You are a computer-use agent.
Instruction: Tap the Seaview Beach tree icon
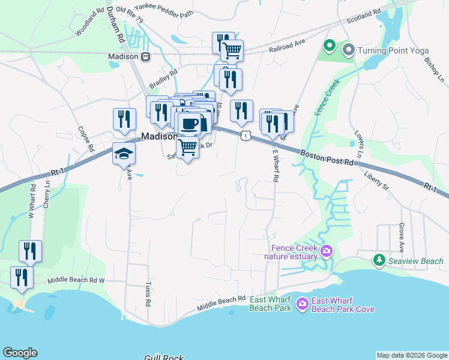[x=379, y=260]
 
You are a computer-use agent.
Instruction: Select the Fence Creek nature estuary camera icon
[x=327, y=251]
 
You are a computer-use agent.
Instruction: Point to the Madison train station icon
[x=145, y=56]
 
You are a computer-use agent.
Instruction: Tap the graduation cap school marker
[x=124, y=154]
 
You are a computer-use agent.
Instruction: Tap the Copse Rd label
[x=86, y=139]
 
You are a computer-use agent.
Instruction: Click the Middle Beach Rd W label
[x=76, y=280]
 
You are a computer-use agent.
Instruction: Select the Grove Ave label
[x=401, y=238]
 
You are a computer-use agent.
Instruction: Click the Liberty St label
[x=376, y=182]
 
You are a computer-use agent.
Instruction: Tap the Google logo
[x=20, y=353]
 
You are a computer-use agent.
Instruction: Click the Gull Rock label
[x=163, y=358]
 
